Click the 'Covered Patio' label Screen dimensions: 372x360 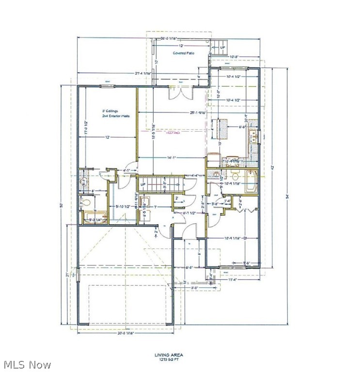coord(184,52)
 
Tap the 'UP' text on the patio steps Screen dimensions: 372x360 coord(223,47)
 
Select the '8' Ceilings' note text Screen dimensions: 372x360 coord(110,111)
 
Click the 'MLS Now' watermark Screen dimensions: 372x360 coord(27,365)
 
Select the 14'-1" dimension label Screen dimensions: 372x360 coord(162,157)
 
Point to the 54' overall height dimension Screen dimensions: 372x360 coord(287,196)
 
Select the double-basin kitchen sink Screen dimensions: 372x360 coord(252,137)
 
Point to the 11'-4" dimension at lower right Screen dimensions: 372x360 coord(234,279)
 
